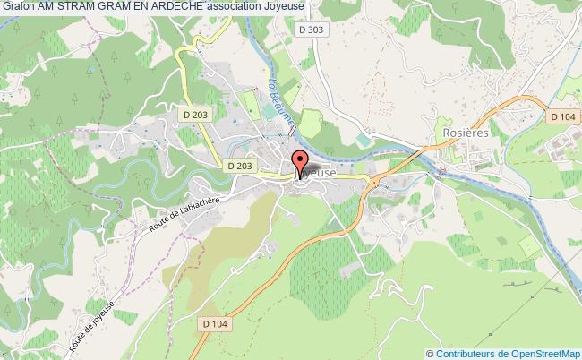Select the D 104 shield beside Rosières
(562, 116)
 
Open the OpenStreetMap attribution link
(534, 353)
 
